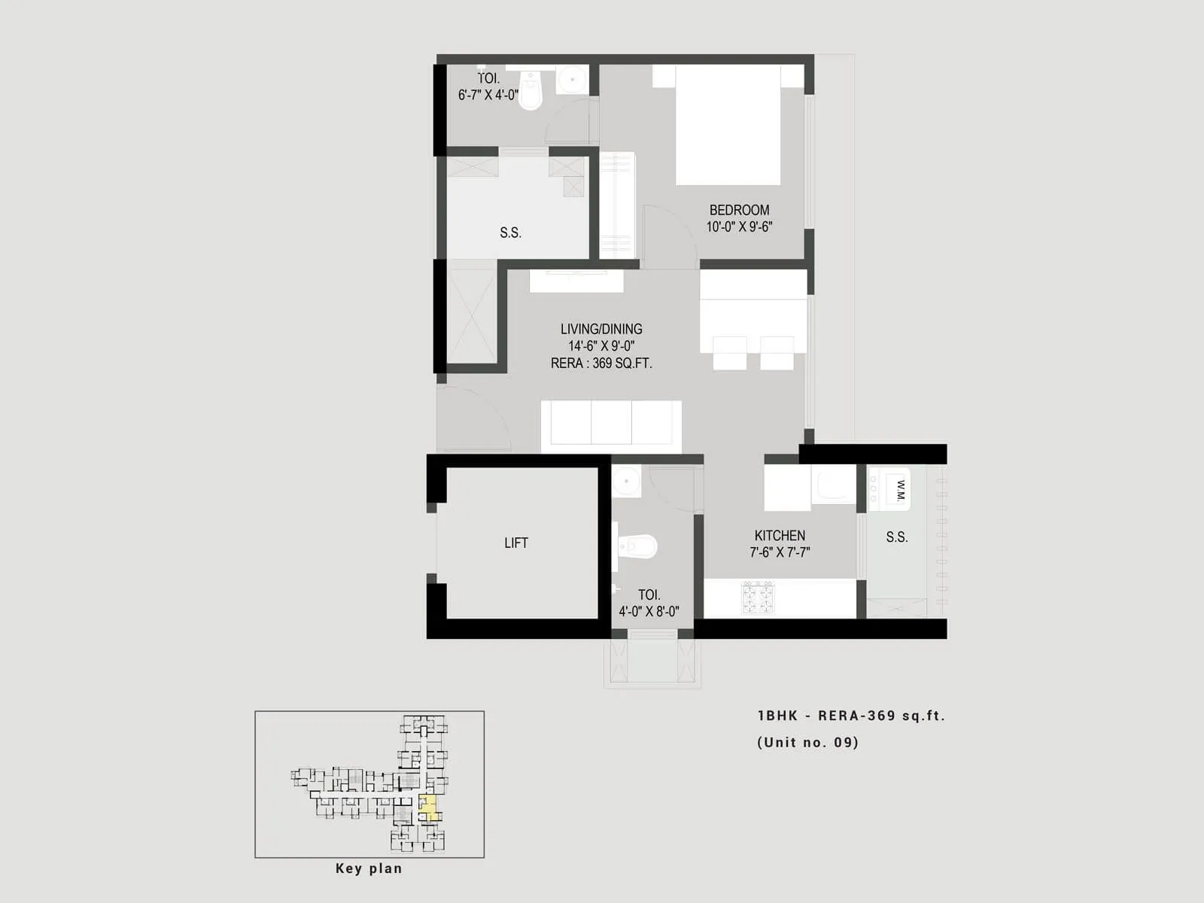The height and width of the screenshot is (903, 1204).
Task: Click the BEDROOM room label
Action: pos(739,210)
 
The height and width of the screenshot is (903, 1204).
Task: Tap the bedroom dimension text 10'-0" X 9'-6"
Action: pos(739,227)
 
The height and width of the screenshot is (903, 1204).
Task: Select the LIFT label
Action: pos(516,543)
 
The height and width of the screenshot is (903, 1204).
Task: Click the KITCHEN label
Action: pos(780,535)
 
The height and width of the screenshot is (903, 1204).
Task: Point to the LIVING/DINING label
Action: pos(601,329)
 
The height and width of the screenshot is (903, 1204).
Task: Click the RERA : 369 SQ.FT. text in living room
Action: pos(601,363)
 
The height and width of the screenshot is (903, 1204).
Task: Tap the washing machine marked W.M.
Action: pos(891,490)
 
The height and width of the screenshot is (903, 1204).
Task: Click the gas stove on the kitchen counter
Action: pos(758,597)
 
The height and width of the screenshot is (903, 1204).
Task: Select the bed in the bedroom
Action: pos(727,124)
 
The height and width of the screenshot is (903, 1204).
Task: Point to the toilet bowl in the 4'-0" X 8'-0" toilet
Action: pos(638,546)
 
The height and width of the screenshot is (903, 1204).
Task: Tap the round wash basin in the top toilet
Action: pos(573,78)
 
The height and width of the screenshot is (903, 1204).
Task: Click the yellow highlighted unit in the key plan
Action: pos(428,808)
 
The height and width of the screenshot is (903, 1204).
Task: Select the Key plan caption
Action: pos(369,868)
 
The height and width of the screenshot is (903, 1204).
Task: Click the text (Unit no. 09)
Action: pos(807,743)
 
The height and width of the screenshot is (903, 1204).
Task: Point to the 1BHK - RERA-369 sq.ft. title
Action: pos(851,716)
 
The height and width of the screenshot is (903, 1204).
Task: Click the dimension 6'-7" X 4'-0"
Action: pos(488,95)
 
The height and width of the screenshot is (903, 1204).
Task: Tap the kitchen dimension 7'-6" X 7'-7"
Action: pos(780,552)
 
